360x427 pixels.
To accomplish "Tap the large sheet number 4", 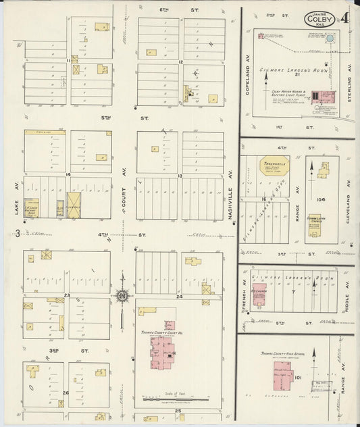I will point(344,18).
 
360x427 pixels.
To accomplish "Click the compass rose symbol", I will point(122,295).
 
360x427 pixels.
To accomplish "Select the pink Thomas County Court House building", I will point(163,351).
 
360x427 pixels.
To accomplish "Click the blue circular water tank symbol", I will point(330,39).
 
